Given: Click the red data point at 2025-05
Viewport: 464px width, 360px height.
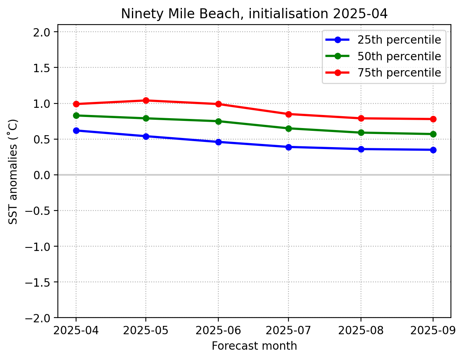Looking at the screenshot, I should click(x=146, y=100).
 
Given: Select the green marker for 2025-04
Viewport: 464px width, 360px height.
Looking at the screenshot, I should click(x=76, y=115).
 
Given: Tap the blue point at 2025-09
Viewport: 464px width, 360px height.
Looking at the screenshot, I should click(x=433, y=150).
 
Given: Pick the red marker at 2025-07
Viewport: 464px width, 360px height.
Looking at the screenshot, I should click(x=288, y=114).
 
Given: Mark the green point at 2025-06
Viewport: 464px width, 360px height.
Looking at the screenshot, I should click(x=218, y=121).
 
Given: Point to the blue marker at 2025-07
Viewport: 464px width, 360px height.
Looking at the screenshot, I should click(x=288, y=147).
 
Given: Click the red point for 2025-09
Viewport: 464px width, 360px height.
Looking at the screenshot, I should click(x=433, y=119).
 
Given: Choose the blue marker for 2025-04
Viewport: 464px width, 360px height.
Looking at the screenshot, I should click(x=76, y=130).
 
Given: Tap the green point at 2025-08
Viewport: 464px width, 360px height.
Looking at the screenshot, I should click(x=361, y=132).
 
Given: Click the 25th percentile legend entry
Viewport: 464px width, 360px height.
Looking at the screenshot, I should click(x=399, y=40).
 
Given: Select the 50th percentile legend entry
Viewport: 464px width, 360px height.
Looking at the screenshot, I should click(x=399, y=56).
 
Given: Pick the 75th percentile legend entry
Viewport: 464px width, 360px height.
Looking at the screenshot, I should click(x=399, y=73).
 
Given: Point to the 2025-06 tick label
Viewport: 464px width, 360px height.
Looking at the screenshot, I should click(x=218, y=330).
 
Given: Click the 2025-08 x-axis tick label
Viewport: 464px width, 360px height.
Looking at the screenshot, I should click(x=361, y=330).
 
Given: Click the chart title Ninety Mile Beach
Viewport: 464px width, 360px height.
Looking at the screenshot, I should click(x=254, y=14).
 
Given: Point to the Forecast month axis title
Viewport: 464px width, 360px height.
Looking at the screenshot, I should click(x=254, y=346).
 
